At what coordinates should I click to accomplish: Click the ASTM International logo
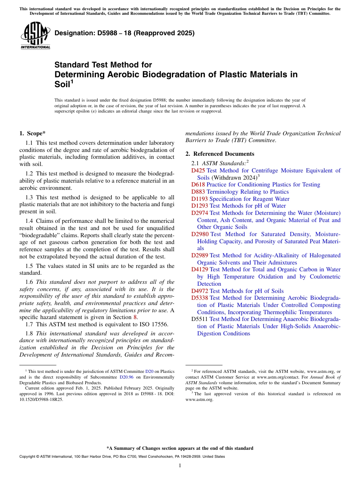pos(35,35)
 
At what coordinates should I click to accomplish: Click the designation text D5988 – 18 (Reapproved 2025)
pos(124,33)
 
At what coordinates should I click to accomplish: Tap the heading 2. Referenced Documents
pos(220,154)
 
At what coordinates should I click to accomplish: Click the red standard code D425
pos(198,171)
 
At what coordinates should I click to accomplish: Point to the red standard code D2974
pos(200,213)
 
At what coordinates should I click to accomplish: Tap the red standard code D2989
pos(200,255)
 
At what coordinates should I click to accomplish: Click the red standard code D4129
pos(200,269)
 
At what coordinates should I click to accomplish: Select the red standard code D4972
pos(200,291)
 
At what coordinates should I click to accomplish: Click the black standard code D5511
pos(200,319)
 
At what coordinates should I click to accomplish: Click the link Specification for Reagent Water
pos(249,199)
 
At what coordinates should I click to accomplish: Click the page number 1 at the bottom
pos(180,466)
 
